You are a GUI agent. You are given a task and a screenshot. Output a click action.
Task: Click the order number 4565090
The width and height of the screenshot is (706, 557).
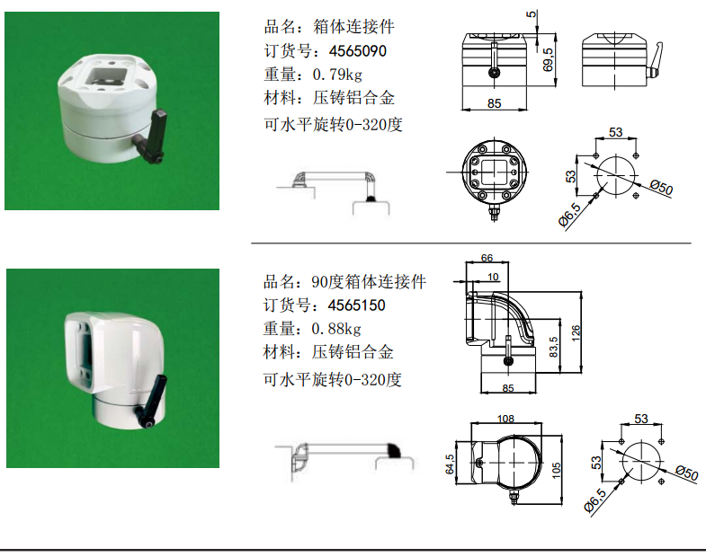click(358, 51)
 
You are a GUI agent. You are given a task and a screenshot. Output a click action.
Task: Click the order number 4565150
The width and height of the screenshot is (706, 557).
click(357, 305)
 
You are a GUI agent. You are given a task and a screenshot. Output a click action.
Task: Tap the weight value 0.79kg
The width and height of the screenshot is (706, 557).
click(337, 75)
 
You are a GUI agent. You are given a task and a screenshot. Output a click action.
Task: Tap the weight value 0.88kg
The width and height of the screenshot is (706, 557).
click(336, 329)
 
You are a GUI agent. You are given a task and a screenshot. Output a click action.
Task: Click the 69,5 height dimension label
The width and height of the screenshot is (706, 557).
click(548, 60)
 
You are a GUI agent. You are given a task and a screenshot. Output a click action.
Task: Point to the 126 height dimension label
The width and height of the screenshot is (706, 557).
click(576, 333)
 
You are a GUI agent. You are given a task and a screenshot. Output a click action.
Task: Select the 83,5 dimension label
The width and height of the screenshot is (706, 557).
click(553, 347)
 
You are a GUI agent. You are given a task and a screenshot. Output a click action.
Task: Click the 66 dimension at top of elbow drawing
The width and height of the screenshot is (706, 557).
click(487, 258)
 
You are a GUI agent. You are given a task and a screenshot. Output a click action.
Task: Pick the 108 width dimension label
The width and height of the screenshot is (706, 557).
click(505, 419)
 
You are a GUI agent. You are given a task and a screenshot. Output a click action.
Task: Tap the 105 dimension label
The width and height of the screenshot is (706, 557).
click(556, 470)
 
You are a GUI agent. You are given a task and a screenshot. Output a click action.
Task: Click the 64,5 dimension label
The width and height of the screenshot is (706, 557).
click(450, 464)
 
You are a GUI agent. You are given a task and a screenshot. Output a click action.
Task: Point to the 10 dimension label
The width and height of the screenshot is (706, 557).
click(493, 277)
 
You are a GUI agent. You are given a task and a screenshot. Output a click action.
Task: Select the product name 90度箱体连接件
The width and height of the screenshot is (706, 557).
click(369, 282)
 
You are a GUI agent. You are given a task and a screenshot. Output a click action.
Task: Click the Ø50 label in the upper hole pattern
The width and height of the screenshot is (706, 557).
click(661, 187)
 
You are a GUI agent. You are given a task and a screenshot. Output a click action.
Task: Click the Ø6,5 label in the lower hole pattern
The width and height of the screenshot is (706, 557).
click(594, 500)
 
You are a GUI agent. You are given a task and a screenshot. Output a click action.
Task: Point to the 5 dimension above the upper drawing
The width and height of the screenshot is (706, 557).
click(532, 14)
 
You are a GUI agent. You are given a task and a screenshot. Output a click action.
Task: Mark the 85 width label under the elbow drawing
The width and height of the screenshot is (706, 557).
click(508, 388)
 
